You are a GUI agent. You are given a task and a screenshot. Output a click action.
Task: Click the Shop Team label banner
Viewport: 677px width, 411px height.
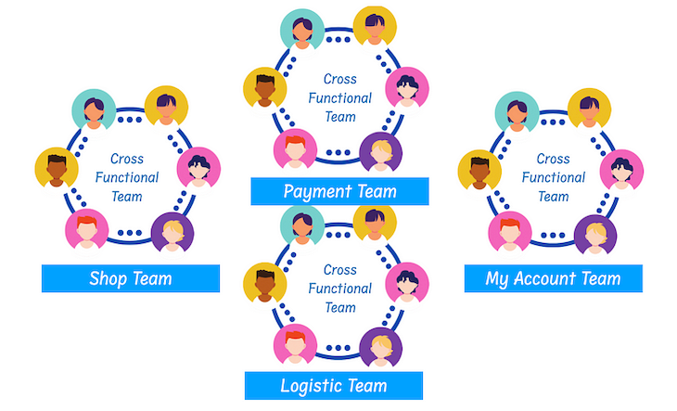(x=130, y=278)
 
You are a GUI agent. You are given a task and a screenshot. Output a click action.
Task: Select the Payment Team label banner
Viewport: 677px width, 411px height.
(x=339, y=192)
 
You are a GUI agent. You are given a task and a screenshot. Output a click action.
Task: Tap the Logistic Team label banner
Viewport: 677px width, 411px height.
(x=334, y=385)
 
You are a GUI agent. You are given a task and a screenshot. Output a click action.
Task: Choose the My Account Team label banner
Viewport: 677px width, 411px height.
(x=553, y=278)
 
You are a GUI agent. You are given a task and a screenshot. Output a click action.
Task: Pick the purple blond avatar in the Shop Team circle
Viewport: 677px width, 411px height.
(x=172, y=233)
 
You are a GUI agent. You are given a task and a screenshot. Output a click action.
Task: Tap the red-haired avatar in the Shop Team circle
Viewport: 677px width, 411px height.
(x=86, y=230)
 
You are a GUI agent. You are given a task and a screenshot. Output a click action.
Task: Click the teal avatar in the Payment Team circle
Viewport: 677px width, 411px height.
(x=301, y=30)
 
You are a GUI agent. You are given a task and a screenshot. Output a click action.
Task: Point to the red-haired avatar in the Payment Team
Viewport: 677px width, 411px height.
(x=295, y=148)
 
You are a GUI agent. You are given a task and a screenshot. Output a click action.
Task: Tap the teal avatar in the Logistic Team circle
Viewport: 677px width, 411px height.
(x=301, y=223)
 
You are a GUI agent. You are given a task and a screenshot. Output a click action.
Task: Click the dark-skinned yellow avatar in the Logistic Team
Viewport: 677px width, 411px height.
(x=263, y=282)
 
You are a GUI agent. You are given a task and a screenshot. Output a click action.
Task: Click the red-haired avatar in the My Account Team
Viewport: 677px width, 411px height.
(x=510, y=231)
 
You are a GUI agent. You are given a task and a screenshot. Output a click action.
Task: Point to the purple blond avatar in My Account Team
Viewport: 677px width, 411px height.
(x=595, y=234)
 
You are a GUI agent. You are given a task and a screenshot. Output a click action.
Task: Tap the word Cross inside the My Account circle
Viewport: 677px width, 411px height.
(x=554, y=159)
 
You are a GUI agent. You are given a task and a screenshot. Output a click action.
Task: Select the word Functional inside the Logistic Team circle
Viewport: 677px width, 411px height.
(x=340, y=289)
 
